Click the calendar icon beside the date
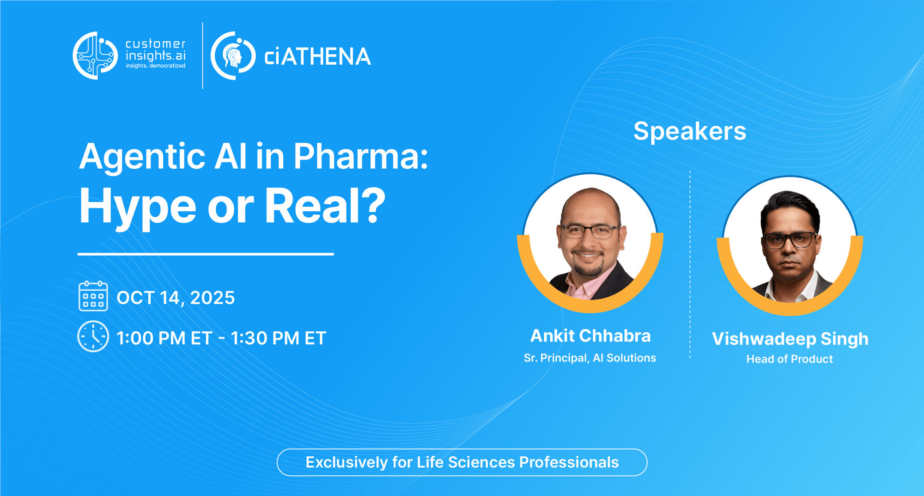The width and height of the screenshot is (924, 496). click(x=93, y=296)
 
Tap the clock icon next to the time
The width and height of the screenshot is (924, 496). click(x=93, y=337)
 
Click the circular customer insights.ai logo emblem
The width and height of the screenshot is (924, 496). click(x=96, y=55)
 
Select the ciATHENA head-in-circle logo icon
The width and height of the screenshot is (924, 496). click(x=233, y=56)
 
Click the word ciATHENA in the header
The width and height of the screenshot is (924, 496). click(x=317, y=57)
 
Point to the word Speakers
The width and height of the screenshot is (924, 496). click(x=689, y=131)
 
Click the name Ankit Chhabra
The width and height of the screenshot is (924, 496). click(x=590, y=336)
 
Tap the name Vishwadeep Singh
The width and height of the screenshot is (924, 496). click(x=790, y=339)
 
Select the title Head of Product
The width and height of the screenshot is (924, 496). click(x=790, y=359)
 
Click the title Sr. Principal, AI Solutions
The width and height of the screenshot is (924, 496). click(x=590, y=358)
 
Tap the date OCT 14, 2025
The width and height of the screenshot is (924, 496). click(x=176, y=298)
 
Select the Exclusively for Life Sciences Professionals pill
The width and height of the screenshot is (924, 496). click(x=462, y=462)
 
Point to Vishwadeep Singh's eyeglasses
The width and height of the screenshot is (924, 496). click(x=790, y=240)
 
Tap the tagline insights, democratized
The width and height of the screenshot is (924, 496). click(x=156, y=66)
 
